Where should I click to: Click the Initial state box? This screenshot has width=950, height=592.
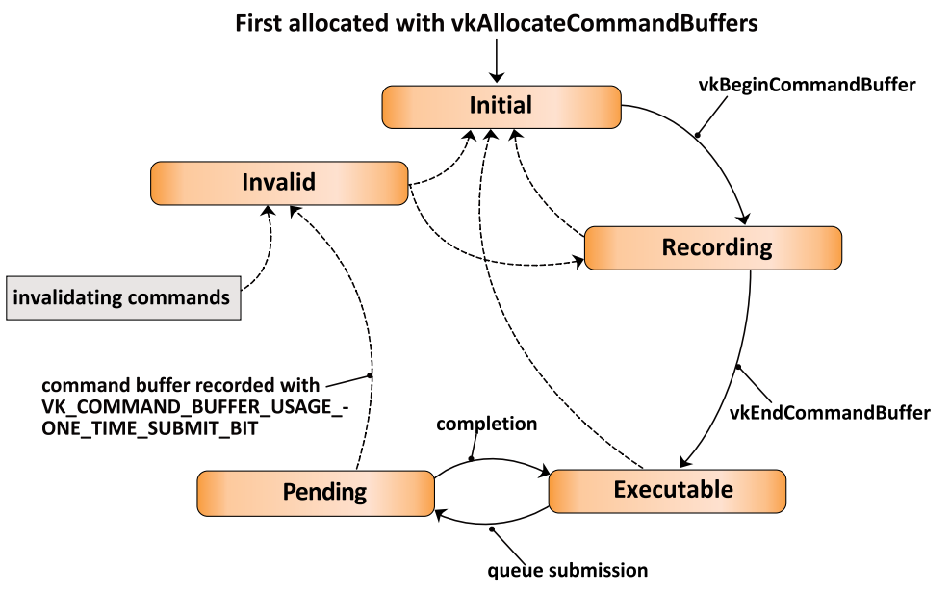click(501, 107)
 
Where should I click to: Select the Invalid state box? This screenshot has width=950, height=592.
click(279, 183)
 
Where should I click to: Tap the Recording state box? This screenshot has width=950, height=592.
click(712, 247)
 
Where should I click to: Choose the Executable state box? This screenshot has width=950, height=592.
click(667, 491)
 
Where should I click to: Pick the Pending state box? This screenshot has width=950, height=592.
click(316, 493)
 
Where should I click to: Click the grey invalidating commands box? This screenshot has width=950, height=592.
click(123, 297)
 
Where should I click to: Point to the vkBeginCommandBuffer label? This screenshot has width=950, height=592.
click(807, 85)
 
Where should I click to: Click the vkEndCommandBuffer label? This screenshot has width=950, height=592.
click(830, 413)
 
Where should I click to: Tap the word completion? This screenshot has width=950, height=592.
click(486, 425)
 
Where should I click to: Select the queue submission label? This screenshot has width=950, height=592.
click(568, 571)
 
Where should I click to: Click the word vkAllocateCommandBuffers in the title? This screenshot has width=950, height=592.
click(604, 24)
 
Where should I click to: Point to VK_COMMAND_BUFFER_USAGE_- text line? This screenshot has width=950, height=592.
click(195, 406)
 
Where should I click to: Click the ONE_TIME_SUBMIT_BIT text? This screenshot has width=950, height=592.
click(149, 428)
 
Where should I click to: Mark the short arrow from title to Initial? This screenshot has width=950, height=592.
click(497, 60)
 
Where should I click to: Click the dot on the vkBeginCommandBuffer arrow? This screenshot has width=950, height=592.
click(698, 135)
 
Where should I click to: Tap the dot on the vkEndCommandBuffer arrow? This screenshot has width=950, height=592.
click(738, 367)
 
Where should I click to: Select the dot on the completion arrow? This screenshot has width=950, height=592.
click(472, 459)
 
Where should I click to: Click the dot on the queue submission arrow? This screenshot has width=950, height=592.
click(492, 529)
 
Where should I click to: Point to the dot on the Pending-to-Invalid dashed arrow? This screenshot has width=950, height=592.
click(371, 376)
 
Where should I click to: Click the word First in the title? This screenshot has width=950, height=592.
click(259, 24)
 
